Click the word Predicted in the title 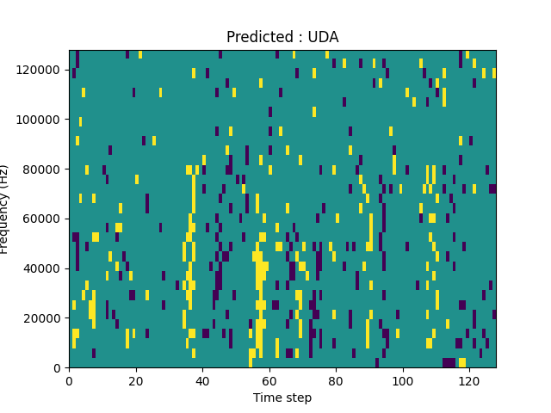pos(257,37)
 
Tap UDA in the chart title pos(323,37)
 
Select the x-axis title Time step pos(282,398)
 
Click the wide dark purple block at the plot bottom pos(449,362)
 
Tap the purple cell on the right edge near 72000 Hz pos(492,188)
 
